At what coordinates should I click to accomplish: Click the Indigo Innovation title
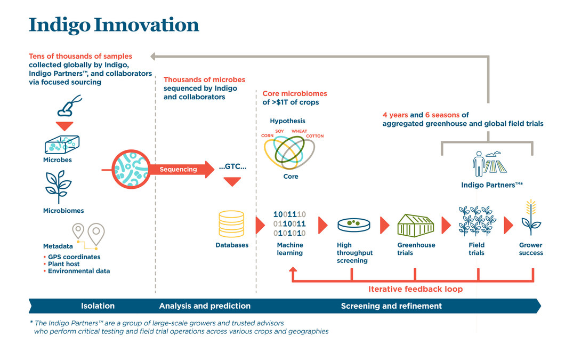click(x=114, y=25)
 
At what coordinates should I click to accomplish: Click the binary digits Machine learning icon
click(x=289, y=223)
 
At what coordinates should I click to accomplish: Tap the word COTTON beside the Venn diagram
click(x=314, y=136)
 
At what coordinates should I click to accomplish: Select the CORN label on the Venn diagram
click(x=267, y=135)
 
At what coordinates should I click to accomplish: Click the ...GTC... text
click(x=232, y=167)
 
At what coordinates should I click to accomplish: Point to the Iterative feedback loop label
click(x=415, y=289)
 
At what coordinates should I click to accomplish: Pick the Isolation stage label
click(x=98, y=306)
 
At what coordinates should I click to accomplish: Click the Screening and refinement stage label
click(x=391, y=306)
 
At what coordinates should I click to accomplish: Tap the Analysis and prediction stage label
click(x=205, y=306)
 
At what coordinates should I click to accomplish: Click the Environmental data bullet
click(x=79, y=271)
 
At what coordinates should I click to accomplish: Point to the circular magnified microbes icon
click(x=129, y=170)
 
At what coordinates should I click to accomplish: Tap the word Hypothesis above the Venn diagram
click(x=287, y=121)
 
